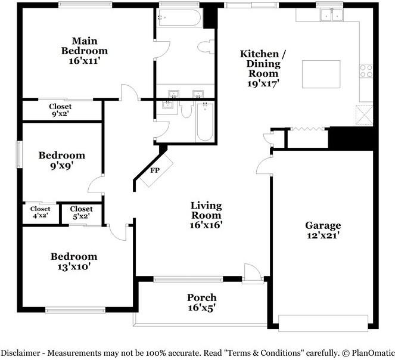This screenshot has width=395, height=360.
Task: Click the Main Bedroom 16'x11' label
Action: click(x=85, y=51)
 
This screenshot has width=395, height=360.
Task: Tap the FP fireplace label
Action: click(x=155, y=170)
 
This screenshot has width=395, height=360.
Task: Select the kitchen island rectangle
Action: click(x=321, y=74)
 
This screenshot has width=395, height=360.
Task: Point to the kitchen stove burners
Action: click(x=366, y=71)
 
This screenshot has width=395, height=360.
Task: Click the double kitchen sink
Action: click(x=331, y=15)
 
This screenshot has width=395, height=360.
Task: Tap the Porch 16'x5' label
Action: click(x=202, y=303)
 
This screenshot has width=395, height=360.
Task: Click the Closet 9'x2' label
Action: click(x=60, y=110)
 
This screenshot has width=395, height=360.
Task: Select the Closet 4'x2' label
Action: click(x=41, y=212)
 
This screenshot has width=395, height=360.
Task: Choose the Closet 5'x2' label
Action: click(x=82, y=213)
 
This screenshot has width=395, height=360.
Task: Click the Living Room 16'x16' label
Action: click(x=206, y=215)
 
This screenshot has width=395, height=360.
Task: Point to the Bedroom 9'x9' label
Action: click(x=62, y=160)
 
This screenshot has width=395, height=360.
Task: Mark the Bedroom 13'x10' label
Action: click(x=74, y=262)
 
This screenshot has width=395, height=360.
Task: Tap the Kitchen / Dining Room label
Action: click(x=263, y=69)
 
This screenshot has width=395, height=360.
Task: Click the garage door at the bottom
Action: click(x=323, y=323)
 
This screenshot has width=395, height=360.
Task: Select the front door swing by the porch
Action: click(x=253, y=272)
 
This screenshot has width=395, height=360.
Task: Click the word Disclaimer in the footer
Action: click(x=20, y=353)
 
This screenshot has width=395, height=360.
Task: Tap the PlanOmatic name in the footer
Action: click(x=373, y=353)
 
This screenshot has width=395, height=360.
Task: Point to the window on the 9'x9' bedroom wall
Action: click(x=20, y=154)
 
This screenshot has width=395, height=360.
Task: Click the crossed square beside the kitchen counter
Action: click(x=364, y=115)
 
